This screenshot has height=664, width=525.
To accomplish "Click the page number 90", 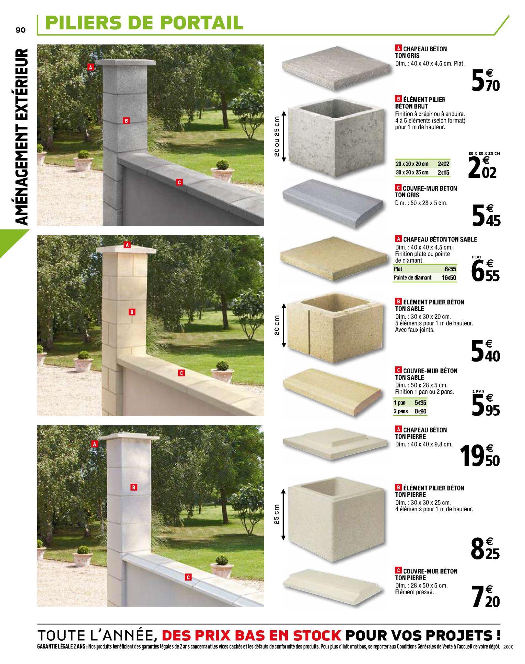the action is [20, 30].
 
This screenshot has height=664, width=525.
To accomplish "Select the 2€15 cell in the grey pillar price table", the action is [443, 172].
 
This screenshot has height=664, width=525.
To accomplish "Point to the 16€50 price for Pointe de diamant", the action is [449, 278].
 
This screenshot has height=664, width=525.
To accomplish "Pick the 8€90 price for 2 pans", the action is [421, 411].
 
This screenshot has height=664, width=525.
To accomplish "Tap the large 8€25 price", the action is [485, 549].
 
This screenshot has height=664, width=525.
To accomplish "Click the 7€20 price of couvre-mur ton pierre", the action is [486, 596].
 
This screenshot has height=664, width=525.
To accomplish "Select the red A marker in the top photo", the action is [91, 67].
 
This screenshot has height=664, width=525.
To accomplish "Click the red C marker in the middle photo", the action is [181, 373].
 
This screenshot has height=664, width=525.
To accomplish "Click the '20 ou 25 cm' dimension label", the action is [276, 136].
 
